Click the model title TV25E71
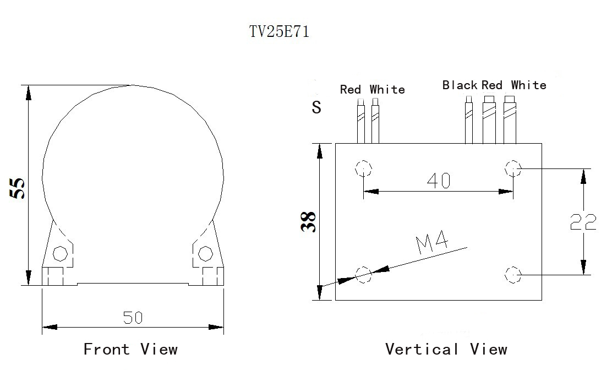tap(279, 31)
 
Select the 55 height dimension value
tap(18, 189)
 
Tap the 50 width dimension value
tap(133, 318)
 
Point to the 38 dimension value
tap(308, 222)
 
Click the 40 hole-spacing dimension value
tap(439, 181)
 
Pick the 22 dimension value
tap(583, 222)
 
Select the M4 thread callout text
tap(431, 243)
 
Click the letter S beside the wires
tap(316, 107)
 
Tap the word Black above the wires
tap(460, 85)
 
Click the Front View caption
tap(131, 349)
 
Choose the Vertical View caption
tap(446, 349)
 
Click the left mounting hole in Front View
tap(60, 254)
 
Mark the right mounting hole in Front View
tap(205, 254)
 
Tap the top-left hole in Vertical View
tap(363, 168)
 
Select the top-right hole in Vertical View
tap(513, 168)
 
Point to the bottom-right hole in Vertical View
tap(513, 275)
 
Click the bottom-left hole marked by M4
tap(363, 275)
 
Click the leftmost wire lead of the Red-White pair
tap(360, 121)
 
